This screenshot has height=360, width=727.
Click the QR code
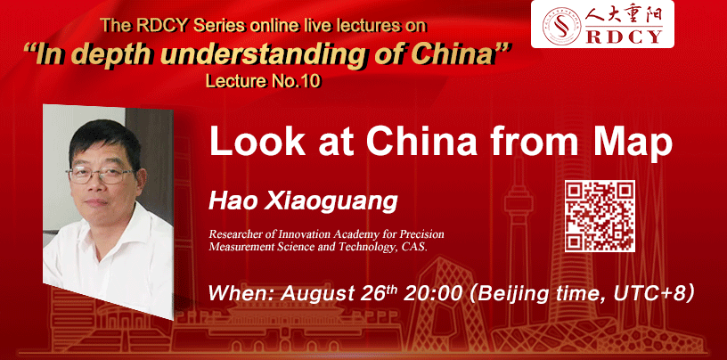coord(600,217)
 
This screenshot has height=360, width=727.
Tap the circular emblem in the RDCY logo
coord(561,26)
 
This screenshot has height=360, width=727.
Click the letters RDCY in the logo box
coord(624,37)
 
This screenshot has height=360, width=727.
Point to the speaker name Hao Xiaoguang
coord(303,201)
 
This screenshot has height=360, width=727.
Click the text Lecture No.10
coord(263,81)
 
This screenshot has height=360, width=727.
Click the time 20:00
coord(434,293)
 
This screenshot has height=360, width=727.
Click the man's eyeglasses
coord(100,175)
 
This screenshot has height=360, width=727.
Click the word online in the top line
coord(274,26)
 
